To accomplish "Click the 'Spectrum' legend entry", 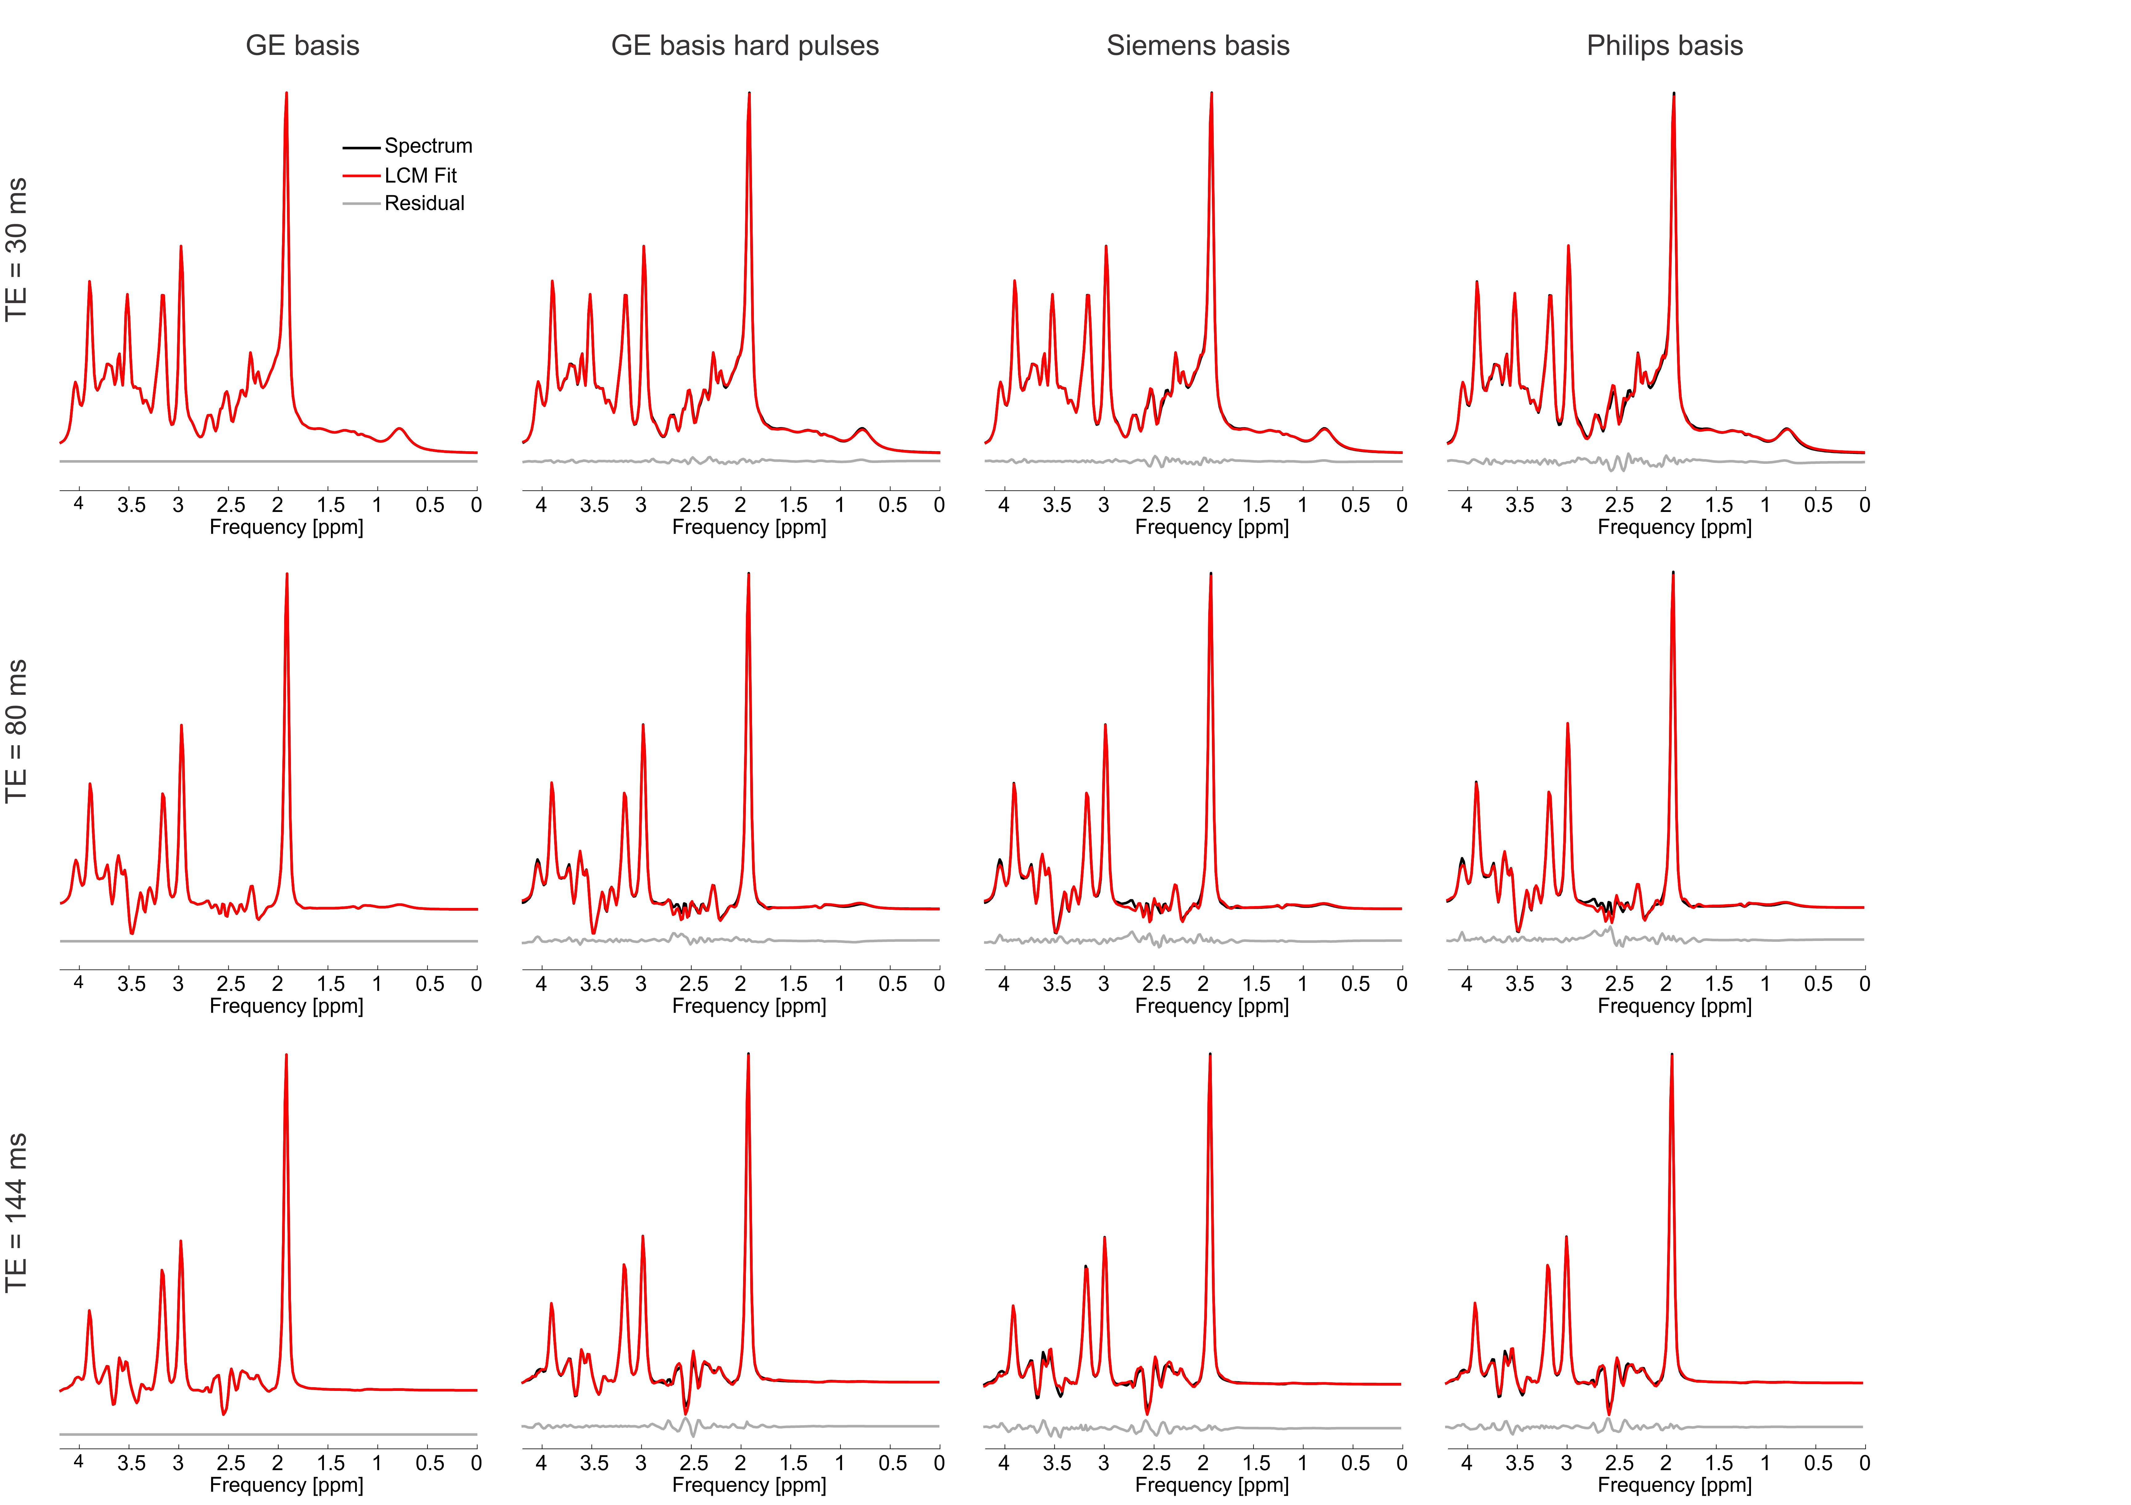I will click(x=428, y=146).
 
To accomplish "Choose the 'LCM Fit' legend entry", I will click(x=420, y=175).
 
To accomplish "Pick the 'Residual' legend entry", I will click(x=424, y=203).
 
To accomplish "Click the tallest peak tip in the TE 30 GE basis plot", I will click(x=286, y=93).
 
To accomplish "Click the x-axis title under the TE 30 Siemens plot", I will click(x=1211, y=527).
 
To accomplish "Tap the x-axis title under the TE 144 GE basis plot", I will click(x=286, y=1485).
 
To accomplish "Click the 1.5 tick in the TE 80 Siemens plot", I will click(x=1256, y=984).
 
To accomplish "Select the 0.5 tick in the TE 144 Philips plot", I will click(x=1817, y=1463).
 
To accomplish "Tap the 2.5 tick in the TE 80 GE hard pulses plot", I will click(x=693, y=984).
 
